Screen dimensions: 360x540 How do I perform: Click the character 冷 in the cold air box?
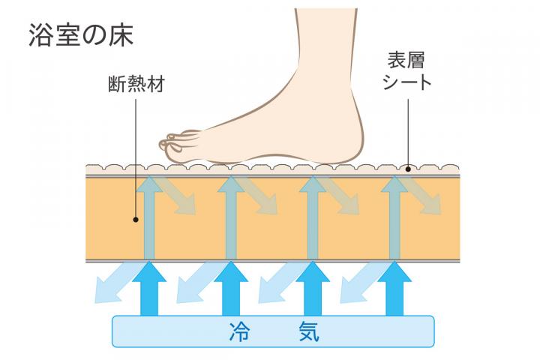[x=239, y=331]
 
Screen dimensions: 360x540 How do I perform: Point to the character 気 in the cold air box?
[x=305, y=331]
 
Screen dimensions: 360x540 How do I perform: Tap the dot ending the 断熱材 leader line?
[x=136, y=220]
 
